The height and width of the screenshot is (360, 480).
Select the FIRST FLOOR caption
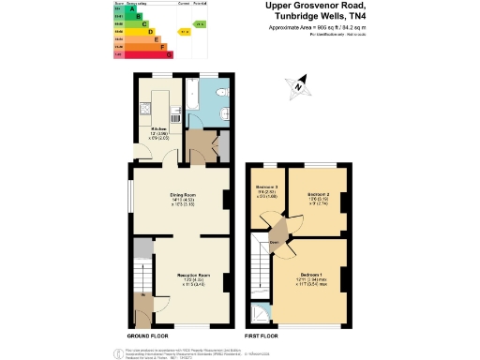pyautogui.click(x=261, y=335)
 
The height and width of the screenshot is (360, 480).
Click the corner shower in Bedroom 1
pyautogui.click(x=258, y=315)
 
